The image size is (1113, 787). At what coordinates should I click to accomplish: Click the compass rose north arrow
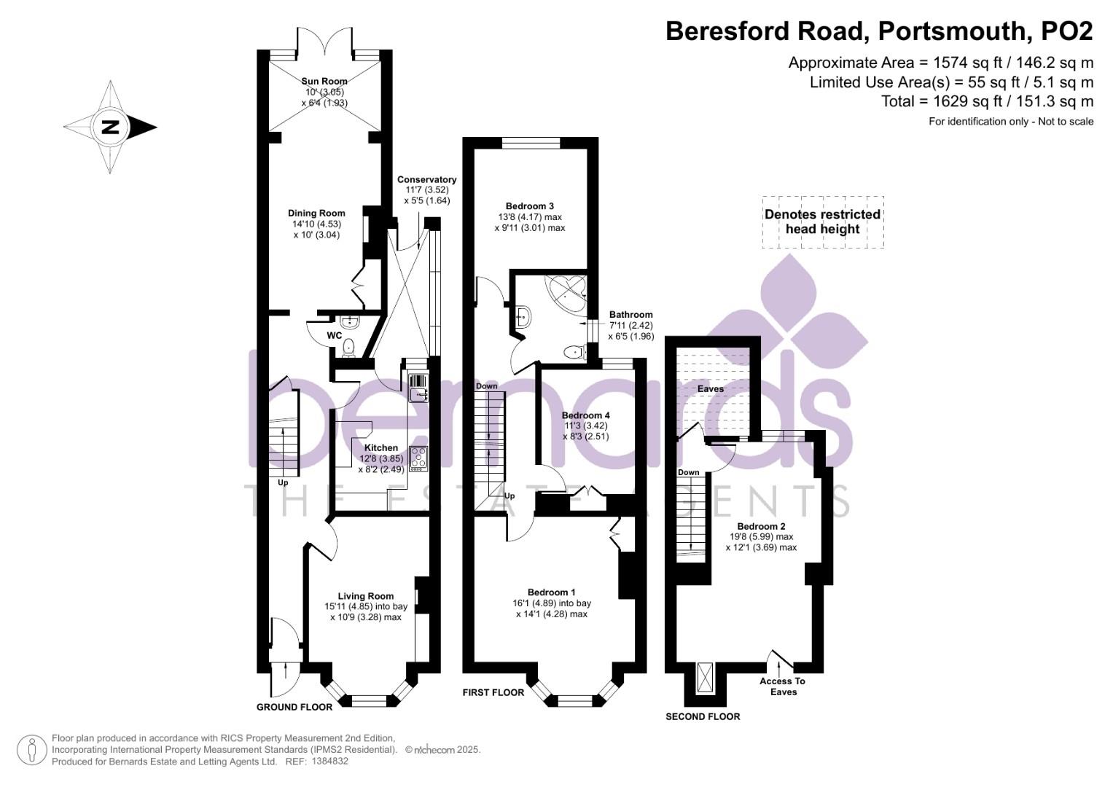(x=110, y=128)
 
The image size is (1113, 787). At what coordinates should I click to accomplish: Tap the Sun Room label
(x=324, y=82)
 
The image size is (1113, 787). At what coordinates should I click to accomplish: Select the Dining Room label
(x=316, y=214)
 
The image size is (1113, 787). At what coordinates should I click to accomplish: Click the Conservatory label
(x=426, y=180)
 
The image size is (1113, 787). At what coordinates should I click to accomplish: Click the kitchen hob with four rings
(x=419, y=458)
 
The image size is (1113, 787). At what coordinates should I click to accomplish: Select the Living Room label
(x=365, y=596)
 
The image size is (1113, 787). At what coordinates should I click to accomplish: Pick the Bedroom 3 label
(x=530, y=206)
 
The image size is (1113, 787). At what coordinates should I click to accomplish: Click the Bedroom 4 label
(x=585, y=415)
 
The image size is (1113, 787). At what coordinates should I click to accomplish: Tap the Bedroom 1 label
(x=552, y=592)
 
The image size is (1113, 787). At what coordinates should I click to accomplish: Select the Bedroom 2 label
(x=761, y=526)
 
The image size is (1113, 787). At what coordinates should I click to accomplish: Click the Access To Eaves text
(x=783, y=686)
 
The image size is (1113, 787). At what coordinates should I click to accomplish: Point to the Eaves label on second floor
(x=711, y=389)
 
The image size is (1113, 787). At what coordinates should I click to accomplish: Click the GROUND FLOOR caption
(x=294, y=707)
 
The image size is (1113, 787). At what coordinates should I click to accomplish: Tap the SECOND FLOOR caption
(x=703, y=716)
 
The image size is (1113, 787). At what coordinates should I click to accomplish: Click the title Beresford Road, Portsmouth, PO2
(x=879, y=31)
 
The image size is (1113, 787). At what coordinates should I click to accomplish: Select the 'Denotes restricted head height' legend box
(x=823, y=222)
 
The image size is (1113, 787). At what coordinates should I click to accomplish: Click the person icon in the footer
(x=32, y=750)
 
